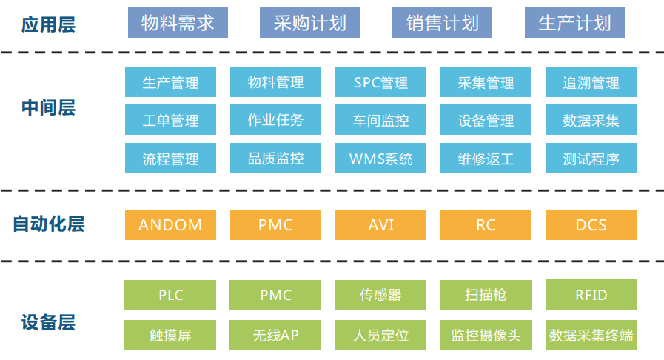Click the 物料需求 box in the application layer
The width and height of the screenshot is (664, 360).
(x=178, y=22)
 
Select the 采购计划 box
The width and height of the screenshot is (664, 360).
(x=309, y=22)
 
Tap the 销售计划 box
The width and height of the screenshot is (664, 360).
(x=442, y=22)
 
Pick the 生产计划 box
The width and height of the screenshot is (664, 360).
(x=574, y=22)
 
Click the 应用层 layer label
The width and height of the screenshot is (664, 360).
(x=48, y=24)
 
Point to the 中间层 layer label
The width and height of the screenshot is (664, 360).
(x=48, y=107)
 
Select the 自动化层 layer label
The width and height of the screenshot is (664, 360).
(x=48, y=224)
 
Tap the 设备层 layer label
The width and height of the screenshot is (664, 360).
(x=48, y=322)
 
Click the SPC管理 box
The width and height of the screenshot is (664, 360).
(x=380, y=81)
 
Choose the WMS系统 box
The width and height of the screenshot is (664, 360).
(x=380, y=159)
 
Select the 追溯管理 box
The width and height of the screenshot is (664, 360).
(x=591, y=81)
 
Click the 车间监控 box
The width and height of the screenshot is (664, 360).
(x=380, y=120)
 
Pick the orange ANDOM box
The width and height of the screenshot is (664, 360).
(x=170, y=225)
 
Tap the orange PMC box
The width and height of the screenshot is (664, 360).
(x=275, y=225)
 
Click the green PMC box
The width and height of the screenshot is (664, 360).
(x=275, y=295)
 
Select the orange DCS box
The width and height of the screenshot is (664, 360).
(x=591, y=225)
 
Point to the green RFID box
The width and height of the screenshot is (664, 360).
(x=591, y=294)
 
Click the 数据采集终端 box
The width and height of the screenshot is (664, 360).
(x=591, y=335)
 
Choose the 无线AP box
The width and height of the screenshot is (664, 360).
(x=275, y=335)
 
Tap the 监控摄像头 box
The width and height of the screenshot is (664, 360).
(x=486, y=335)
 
